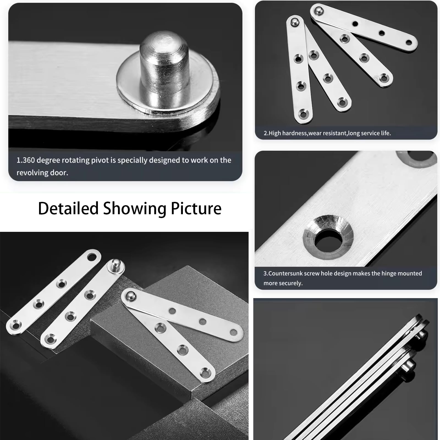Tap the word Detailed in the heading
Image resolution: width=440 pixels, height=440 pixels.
pos(68,208)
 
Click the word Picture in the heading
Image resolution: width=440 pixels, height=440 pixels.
pos(196,208)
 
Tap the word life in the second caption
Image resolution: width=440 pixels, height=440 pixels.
pos(386,133)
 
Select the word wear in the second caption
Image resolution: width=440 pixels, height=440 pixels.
pos(315,133)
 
